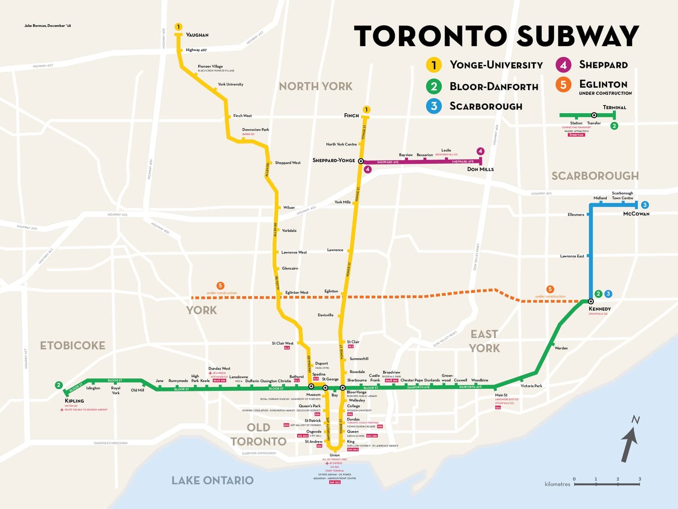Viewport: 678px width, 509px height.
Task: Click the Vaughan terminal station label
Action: click(x=197, y=35)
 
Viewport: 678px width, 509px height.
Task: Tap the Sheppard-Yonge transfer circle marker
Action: click(x=361, y=161)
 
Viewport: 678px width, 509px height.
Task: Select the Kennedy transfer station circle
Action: click(x=591, y=301)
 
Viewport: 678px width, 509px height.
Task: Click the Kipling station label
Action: click(x=74, y=401)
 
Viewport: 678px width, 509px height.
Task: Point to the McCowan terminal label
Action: click(x=636, y=214)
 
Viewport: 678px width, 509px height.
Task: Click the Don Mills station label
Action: click(x=480, y=169)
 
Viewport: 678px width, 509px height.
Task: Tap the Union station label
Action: click(x=335, y=455)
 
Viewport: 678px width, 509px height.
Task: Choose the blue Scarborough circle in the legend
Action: click(x=434, y=106)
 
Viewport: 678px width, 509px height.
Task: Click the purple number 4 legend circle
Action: click(x=564, y=65)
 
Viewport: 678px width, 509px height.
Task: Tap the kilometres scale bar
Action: click(x=607, y=484)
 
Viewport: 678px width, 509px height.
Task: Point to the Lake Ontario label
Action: click(x=212, y=480)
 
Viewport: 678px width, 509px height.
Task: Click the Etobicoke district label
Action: click(x=73, y=345)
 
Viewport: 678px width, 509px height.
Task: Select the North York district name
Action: click(x=316, y=86)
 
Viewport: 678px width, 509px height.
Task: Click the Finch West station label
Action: click(x=243, y=116)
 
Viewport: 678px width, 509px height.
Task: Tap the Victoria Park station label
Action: click(x=531, y=386)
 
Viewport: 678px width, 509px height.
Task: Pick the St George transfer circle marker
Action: click(x=325, y=388)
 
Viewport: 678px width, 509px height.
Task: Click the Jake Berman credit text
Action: click(x=48, y=26)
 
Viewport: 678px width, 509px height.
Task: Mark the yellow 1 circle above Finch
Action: click(x=366, y=110)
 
